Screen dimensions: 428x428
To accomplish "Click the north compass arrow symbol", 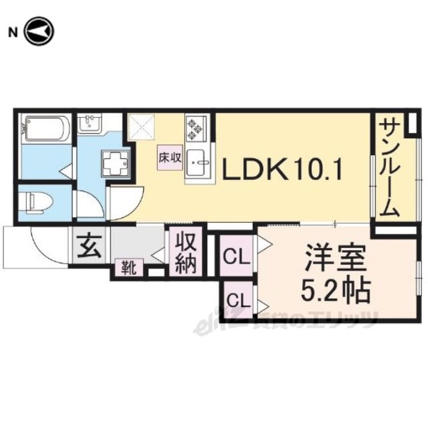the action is [x=39, y=31].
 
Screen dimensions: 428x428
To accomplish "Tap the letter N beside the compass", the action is [x=13, y=33].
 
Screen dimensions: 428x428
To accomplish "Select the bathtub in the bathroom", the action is [x=47, y=128].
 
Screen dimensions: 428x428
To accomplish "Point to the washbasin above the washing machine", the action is [x=90, y=123].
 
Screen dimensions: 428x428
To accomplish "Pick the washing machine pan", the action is [x=116, y=163].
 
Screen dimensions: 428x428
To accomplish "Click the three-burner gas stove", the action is [x=196, y=128].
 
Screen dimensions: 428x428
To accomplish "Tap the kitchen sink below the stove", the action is [x=198, y=163].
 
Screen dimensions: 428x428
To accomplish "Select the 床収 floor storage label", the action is [x=170, y=158].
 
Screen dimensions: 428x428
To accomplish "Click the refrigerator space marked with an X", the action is [x=141, y=128].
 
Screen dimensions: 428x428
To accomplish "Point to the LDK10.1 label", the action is [x=282, y=169].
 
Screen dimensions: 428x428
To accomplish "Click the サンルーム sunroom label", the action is [x=389, y=169].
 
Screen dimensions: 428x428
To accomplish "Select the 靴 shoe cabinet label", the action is [x=129, y=267].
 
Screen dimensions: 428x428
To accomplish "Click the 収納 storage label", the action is [x=186, y=253].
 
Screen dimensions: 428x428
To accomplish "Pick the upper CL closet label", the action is [x=236, y=257].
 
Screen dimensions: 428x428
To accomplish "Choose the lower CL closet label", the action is [x=239, y=300].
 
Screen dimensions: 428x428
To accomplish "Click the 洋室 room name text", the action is [x=335, y=257].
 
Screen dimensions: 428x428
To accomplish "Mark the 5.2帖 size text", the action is [x=335, y=290].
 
